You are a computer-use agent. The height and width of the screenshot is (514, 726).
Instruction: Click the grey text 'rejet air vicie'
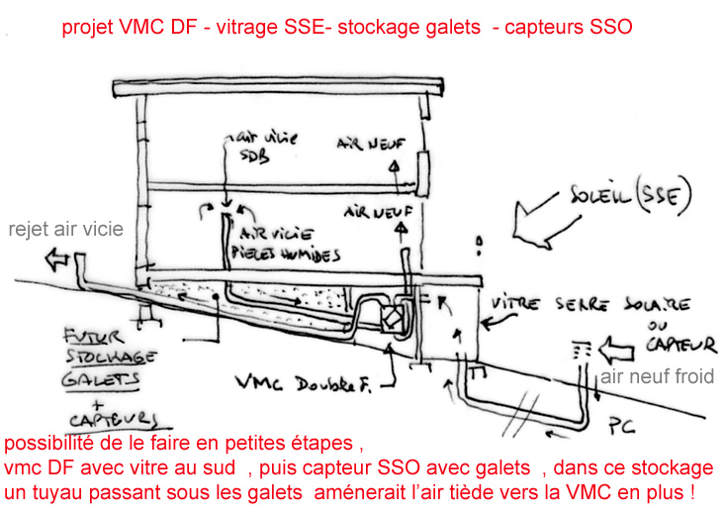66,230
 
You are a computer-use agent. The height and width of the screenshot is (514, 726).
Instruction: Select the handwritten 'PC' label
620,427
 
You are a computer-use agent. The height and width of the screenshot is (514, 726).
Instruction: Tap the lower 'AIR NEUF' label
373,212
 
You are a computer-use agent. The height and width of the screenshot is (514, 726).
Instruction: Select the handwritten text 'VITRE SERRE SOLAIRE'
590,304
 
